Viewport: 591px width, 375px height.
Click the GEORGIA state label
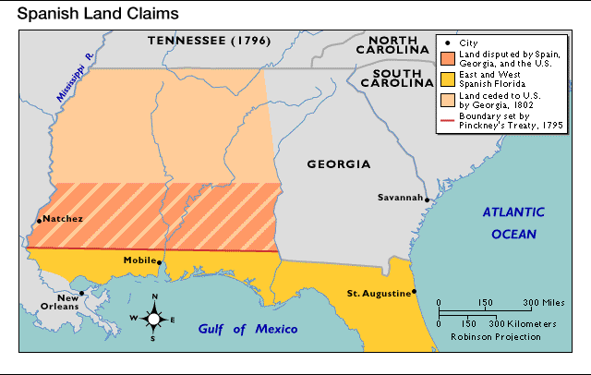tap(339, 164)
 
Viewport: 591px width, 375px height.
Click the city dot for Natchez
tap(39, 220)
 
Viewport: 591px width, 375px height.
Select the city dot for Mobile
tap(160, 262)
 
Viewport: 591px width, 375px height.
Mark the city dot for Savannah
tap(427, 198)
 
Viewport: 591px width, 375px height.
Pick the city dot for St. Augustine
tap(415, 293)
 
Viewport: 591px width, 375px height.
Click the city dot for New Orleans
tap(82, 294)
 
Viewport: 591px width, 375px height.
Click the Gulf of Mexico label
tap(247, 330)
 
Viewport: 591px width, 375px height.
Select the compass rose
tap(154, 319)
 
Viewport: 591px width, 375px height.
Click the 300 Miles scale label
tap(545, 303)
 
